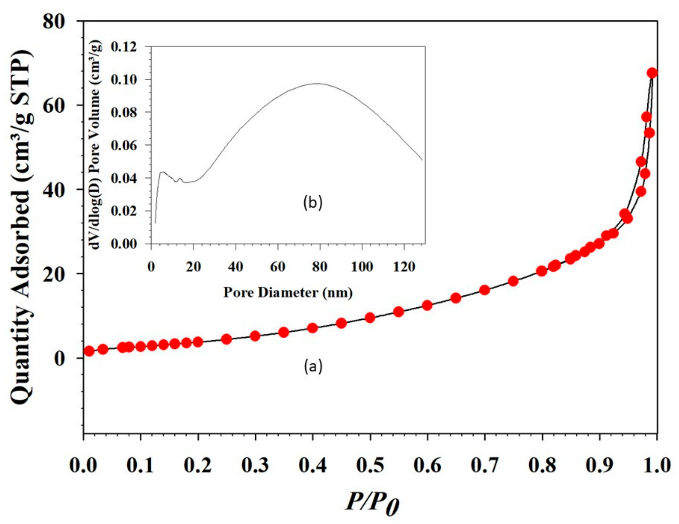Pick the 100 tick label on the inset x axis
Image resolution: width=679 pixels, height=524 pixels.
coord(362,267)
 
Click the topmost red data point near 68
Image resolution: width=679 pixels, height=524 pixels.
coord(652,73)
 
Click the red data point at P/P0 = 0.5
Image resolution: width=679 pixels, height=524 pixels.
coord(370,318)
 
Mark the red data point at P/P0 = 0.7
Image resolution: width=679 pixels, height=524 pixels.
coord(485,290)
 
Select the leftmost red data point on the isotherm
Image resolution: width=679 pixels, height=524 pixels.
coord(89,351)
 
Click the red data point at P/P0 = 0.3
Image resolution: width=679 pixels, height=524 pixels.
coord(255,336)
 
